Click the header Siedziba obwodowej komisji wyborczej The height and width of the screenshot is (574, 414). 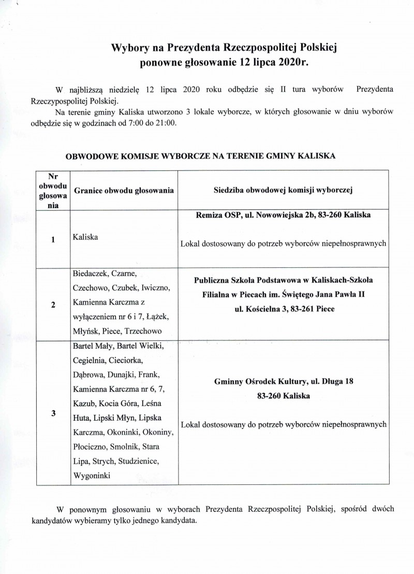pos(283,190)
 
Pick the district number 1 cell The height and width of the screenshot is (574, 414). pos(53,240)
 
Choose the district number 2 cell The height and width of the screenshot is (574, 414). pos(53,304)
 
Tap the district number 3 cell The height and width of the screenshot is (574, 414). pos(53,413)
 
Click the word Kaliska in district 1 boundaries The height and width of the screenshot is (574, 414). pos(86,237)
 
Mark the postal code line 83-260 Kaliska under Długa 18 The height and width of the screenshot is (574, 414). pos(283,396)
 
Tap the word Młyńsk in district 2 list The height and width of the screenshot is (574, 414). pos(86,330)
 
